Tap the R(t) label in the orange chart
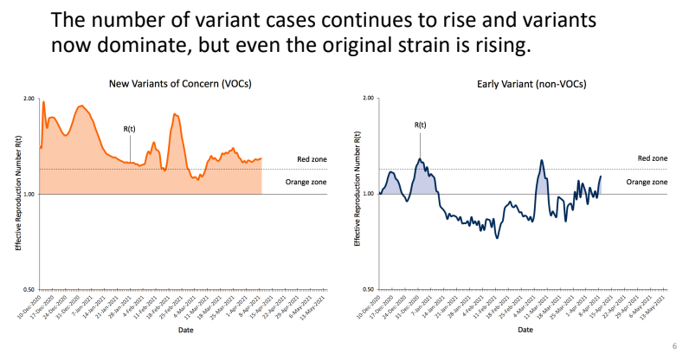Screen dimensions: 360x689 129,129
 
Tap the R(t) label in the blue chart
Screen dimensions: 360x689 420,125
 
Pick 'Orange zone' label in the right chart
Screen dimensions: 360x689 647,182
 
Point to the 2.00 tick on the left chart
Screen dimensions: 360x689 28,99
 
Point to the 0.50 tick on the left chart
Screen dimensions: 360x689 28,290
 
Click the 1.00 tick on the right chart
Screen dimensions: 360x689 368,194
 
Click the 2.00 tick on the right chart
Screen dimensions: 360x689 368,99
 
